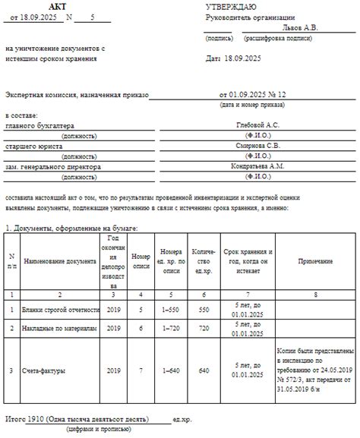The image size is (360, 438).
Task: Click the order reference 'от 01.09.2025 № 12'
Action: point(254,94)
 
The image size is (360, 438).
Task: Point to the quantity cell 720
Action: point(203,329)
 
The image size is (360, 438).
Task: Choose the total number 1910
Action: point(34,418)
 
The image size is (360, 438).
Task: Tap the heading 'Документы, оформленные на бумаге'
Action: point(76,227)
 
